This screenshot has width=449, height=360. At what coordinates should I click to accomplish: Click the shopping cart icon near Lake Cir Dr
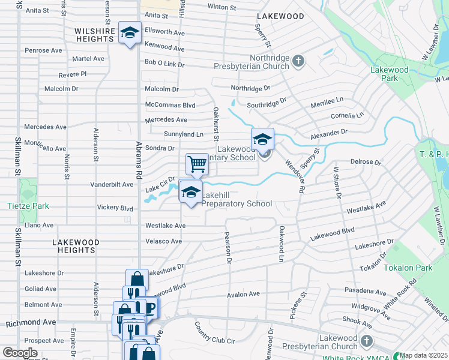click(197, 164)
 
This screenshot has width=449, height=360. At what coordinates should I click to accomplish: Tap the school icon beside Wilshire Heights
click(130, 33)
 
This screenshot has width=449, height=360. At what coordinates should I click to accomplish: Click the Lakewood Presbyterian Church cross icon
click(366, 342)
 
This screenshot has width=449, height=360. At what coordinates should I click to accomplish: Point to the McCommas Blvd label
click(170, 104)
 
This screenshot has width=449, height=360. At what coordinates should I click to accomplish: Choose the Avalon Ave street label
click(243, 294)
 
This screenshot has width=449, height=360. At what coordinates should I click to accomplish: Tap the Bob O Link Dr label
click(164, 63)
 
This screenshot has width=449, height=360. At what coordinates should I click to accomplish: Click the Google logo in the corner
click(20, 353)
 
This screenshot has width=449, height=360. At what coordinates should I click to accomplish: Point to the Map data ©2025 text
click(423, 355)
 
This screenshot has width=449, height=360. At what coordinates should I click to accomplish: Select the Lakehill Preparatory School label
click(237, 199)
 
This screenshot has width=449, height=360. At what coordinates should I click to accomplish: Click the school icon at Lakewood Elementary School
click(262, 140)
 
